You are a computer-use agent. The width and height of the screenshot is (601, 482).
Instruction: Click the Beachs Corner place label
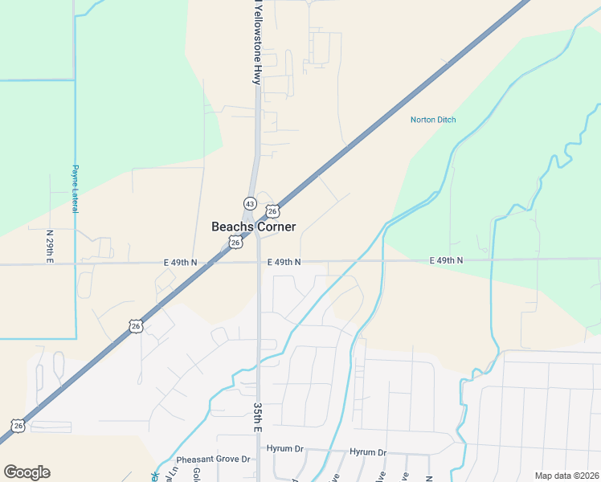click(x=253, y=227)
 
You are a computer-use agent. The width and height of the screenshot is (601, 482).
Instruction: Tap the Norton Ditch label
click(x=433, y=120)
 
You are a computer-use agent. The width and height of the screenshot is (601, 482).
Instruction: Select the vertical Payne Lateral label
click(x=75, y=189)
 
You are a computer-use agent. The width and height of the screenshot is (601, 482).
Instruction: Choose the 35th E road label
click(x=258, y=419)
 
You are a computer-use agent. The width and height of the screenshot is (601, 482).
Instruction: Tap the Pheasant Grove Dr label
click(x=214, y=460)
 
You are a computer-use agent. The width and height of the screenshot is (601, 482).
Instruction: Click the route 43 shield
click(x=250, y=203)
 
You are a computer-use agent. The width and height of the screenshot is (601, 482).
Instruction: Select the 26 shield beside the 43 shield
click(x=272, y=211)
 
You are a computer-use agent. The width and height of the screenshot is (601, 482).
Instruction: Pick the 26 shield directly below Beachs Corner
click(x=235, y=242)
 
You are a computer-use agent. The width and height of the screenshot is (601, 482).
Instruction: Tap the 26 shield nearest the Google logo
click(x=18, y=425)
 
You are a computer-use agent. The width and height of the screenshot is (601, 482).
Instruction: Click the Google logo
click(x=27, y=472)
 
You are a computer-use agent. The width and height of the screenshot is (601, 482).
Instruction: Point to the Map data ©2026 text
click(x=566, y=476)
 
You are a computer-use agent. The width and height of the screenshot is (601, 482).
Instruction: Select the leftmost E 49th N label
click(x=180, y=263)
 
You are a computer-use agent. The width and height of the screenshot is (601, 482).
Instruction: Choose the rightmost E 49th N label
click(x=446, y=260)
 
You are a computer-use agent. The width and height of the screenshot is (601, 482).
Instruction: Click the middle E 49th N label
click(x=284, y=262)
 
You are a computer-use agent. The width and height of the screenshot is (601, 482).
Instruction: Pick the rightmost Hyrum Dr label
click(x=368, y=452)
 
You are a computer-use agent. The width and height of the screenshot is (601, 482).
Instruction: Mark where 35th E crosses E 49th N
click(x=258, y=262)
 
